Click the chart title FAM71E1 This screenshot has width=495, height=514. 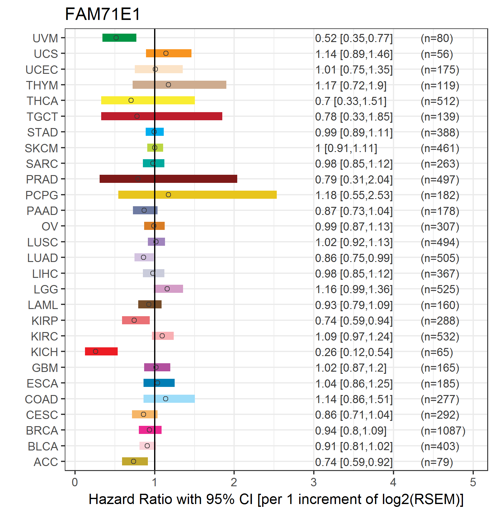[103, 14]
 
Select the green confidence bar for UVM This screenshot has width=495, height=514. [119, 38]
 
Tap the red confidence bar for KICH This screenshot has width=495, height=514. [101, 351]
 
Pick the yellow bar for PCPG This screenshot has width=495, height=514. [197, 195]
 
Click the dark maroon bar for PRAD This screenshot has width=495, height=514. [168, 179]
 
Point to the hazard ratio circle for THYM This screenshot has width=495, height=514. [168, 85]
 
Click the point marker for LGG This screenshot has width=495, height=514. [167, 289]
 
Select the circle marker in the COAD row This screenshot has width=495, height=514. [166, 399]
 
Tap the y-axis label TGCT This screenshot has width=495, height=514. [42, 117]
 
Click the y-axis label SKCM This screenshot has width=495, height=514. [41, 148]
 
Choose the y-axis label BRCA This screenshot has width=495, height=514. [42, 431]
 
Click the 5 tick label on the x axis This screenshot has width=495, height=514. [473, 482]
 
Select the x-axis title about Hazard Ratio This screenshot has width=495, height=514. [276, 499]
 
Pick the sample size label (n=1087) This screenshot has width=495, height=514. [443, 431]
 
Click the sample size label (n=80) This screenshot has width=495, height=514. [437, 38]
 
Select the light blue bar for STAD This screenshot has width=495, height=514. [155, 132]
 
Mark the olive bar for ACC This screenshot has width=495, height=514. [135, 461]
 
